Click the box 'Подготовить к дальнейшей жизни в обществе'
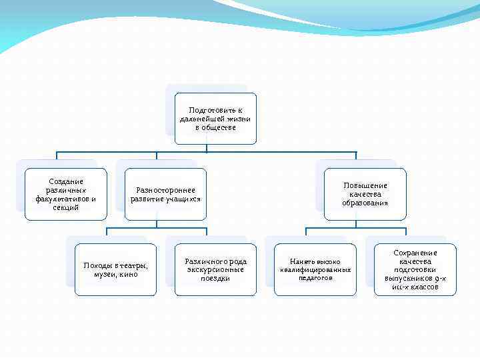(x=215, y=119)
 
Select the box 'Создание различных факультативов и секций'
(x=66, y=194)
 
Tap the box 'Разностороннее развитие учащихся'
(x=165, y=194)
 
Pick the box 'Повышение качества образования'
(x=365, y=194)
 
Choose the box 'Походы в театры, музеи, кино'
(x=115, y=269)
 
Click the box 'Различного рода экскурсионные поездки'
(x=215, y=269)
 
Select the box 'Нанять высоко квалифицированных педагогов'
(x=315, y=269)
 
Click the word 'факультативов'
(x=62, y=199)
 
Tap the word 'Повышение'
(x=365, y=185)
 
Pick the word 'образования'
(x=365, y=203)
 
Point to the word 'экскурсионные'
(x=215, y=269)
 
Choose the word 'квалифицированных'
(x=315, y=270)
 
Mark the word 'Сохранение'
(x=415, y=253)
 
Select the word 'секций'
(x=66, y=207)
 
